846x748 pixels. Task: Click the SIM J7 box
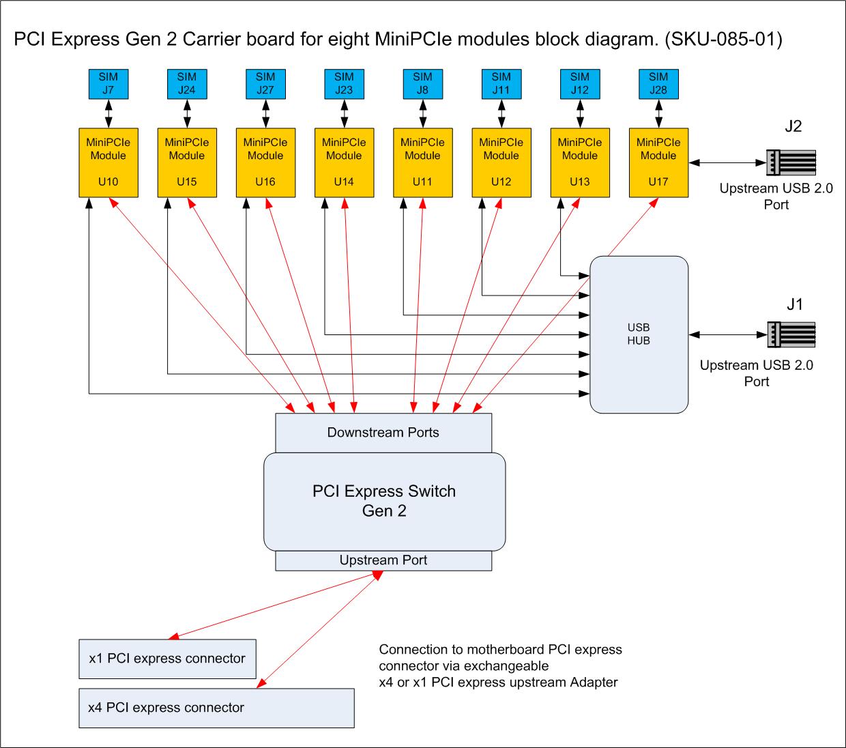point(108,83)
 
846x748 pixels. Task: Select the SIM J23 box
point(344,83)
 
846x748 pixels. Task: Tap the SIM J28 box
point(658,83)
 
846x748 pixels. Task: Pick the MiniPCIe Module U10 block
point(108,162)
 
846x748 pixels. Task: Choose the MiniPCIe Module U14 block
point(344,162)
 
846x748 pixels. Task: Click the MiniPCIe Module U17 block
point(658,162)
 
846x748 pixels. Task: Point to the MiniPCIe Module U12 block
point(501,162)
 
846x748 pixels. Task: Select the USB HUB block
point(639,334)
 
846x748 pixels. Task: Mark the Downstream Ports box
point(383,433)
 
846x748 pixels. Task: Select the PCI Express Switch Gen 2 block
point(384,502)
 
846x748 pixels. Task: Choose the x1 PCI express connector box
point(167,659)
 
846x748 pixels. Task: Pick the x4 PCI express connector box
point(216,708)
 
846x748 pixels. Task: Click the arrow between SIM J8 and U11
point(422,113)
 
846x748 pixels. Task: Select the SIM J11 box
point(501,83)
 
